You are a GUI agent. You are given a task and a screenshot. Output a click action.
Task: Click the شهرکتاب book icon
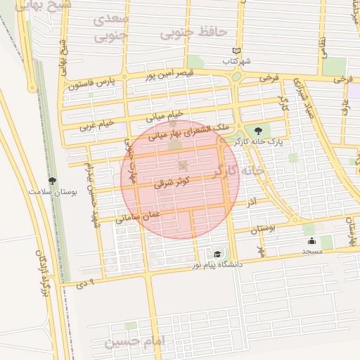coord(237,51)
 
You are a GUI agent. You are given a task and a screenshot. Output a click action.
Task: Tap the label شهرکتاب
coord(237,62)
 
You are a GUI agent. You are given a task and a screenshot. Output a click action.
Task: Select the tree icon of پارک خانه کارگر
coord(259,130)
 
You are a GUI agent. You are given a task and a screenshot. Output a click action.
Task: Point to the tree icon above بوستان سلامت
coord(52,181)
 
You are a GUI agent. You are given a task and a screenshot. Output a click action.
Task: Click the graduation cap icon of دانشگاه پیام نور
coord(217,254)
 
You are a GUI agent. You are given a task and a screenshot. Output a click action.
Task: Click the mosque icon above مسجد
coord(311,240)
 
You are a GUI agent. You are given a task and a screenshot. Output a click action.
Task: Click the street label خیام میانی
coord(164,115)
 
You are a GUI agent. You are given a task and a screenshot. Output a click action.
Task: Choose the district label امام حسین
coord(134,342)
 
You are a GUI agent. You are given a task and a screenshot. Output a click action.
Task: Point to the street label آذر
coord(251,202)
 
